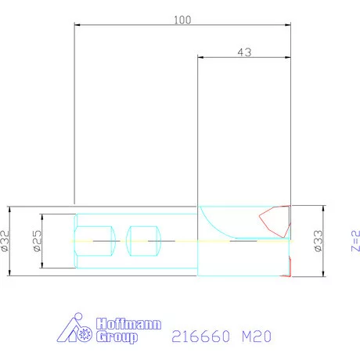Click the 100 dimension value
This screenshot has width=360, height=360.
point(182,20)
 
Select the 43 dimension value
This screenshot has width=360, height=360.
point(244,52)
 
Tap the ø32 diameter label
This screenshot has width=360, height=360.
point(5,241)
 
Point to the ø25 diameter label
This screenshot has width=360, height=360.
point(38,241)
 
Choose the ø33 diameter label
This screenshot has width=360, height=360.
point(319,241)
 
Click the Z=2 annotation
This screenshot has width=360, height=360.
point(355,240)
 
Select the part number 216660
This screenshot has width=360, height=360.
point(201,336)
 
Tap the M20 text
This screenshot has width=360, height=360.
point(257,336)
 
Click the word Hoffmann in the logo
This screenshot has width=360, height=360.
point(128,324)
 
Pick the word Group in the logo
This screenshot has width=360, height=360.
point(117,337)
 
